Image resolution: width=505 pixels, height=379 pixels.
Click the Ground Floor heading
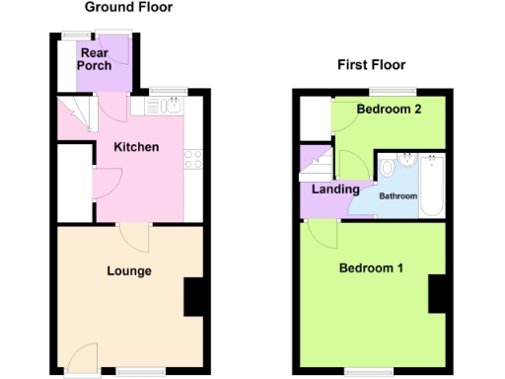(128, 8)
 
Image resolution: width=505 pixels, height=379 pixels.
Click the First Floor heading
(372, 65)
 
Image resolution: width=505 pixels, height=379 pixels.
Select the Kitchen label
(136, 148)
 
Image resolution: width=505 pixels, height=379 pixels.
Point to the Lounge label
(129, 270)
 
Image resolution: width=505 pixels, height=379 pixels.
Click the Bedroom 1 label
(371, 268)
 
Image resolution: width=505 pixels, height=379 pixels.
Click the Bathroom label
(400, 196)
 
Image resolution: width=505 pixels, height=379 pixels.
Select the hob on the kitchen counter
(192, 158)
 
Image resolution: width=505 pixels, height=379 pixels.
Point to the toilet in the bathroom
(387, 168)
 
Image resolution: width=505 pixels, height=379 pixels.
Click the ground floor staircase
(73, 118)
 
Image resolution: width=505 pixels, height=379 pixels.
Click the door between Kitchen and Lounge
(132, 237)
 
